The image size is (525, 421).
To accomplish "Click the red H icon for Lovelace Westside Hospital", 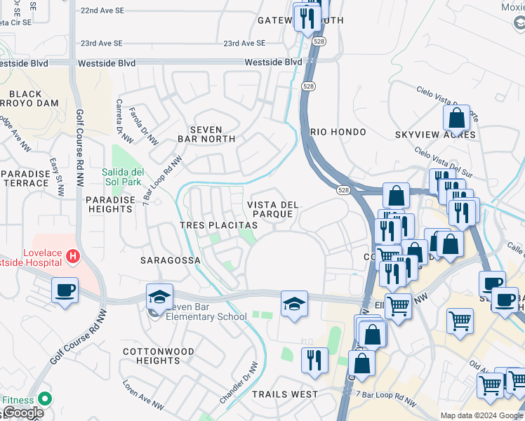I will tap(72, 258).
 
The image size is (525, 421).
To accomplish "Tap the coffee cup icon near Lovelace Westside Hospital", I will tap(65, 290).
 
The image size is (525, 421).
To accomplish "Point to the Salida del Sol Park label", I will tap(124, 178).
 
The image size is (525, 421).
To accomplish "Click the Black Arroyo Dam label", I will tap(35, 99).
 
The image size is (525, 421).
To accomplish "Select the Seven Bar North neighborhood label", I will tap(206, 135).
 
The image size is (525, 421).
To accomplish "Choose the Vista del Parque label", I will tap(273, 209).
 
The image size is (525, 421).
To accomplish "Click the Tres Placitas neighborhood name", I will tap(218, 225).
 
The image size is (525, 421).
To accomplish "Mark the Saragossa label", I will tap(171, 260).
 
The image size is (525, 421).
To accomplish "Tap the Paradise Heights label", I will tap(110, 204).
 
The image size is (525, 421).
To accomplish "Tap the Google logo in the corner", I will tap(22, 413).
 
